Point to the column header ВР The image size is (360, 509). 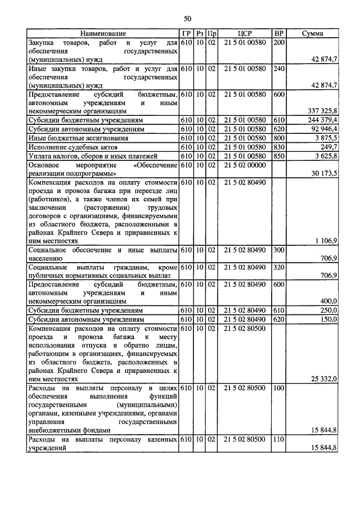coord(278,34)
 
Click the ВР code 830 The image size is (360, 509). coord(278,147)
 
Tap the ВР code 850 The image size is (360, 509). coord(278,156)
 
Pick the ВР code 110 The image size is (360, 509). coord(278,439)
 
